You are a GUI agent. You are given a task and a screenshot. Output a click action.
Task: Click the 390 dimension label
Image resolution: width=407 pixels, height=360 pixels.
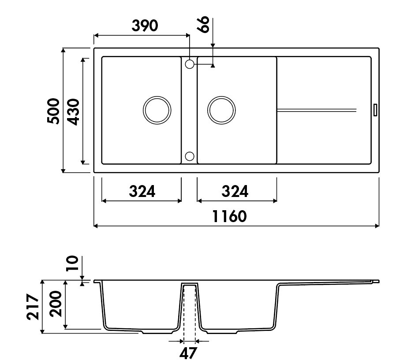click(145, 26)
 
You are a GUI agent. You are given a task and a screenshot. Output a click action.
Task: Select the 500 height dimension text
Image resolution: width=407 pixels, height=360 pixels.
click(53, 111)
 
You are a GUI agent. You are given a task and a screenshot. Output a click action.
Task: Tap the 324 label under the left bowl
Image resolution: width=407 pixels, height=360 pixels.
click(142, 191)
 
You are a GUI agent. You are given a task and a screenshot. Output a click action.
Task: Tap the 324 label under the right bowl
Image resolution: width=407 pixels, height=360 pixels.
click(235, 191)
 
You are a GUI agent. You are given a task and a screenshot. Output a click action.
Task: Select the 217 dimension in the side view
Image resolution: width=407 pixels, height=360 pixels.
click(33, 307)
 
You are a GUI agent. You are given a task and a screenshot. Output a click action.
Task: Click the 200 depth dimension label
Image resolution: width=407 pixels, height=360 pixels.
click(55, 304)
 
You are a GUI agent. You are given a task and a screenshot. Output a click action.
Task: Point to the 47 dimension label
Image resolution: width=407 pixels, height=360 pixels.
click(189, 353)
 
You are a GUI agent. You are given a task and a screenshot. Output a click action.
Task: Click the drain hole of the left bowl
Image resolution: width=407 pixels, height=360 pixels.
click(157, 109)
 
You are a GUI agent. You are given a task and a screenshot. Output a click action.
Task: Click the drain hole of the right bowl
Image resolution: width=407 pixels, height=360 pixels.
click(221, 109)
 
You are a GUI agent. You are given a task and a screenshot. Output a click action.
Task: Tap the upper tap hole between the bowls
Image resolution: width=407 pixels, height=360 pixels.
click(190, 64)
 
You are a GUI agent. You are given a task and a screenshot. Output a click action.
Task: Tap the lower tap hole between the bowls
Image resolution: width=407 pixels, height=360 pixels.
click(190, 156)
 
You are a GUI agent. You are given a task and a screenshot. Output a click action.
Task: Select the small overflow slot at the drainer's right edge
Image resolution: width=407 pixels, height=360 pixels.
click(375, 109)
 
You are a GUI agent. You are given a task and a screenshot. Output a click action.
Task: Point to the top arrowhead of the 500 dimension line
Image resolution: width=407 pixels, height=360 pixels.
click(63, 50)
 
